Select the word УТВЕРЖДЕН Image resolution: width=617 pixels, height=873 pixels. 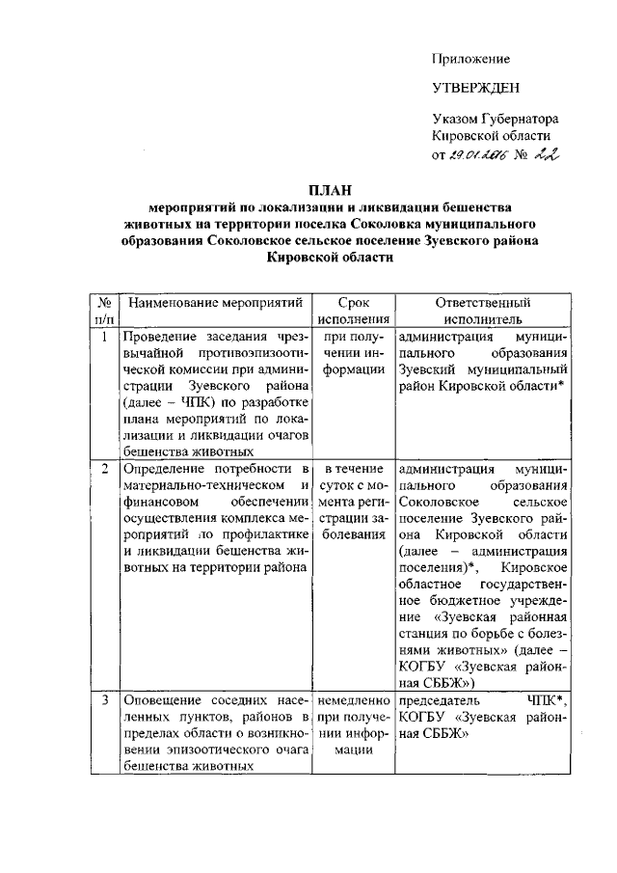point(475,88)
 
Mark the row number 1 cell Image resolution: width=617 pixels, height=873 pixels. point(104,338)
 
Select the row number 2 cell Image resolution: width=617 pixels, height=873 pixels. point(104,469)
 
